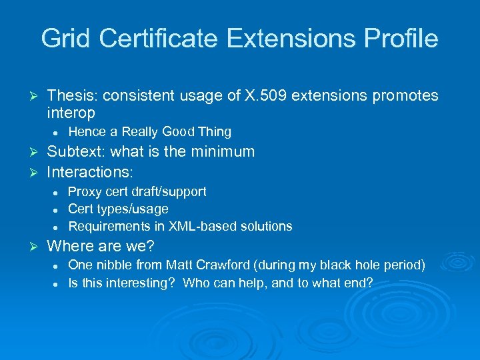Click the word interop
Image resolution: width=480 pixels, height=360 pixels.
(x=71, y=113)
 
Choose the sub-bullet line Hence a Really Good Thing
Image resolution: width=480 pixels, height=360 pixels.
(x=149, y=132)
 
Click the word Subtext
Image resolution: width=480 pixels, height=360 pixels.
(x=74, y=152)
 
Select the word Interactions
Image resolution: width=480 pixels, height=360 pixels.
(x=90, y=172)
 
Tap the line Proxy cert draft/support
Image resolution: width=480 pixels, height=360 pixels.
(x=137, y=192)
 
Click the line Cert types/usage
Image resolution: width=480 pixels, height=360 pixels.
(x=118, y=209)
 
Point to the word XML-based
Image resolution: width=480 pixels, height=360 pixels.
(x=207, y=227)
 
